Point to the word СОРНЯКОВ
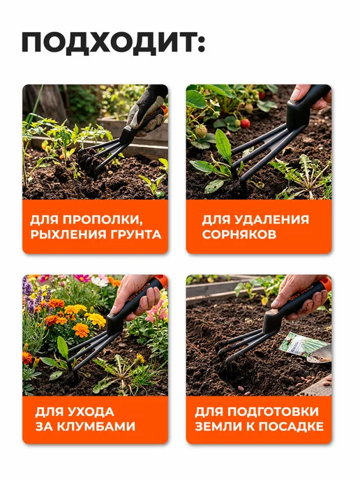(239, 234)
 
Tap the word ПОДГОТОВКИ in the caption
(273, 412)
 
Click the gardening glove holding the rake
(147, 110)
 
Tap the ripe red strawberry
(245, 123)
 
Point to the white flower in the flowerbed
(99, 281)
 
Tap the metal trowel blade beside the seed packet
(320, 354)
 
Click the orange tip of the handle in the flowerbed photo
(160, 281)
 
